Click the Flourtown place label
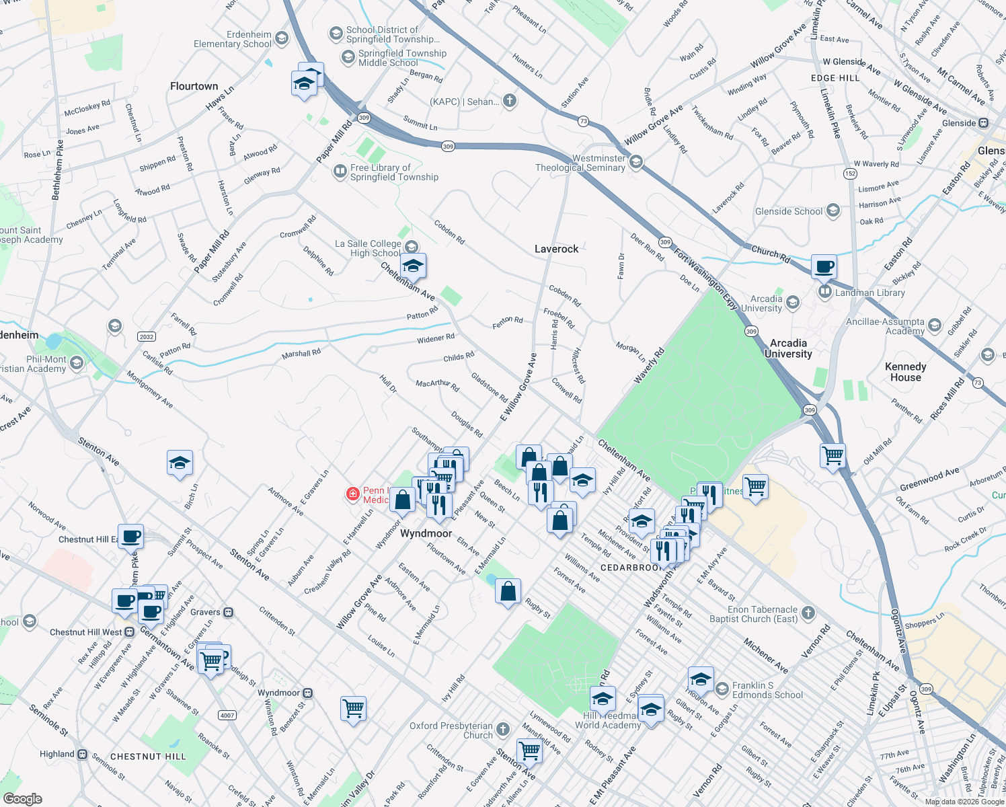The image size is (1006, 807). pyautogui.click(x=194, y=86)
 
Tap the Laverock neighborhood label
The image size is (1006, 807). pyautogui.click(x=556, y=249)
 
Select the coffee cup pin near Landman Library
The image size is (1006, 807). pyautogui.click(x=824, y=267)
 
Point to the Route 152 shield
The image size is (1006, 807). pyautogui.click(x=850, y=174)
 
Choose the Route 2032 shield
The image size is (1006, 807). pyautogui.click(x=146, y=336)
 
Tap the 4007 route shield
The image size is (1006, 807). pyautogui.click(x=227, y=715)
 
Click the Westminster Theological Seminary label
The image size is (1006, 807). pyautogui.click(x=580, y=163)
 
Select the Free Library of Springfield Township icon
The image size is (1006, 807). pyautogui.click(x=340, y=172)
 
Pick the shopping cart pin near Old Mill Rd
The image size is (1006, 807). pyautogui.click(x=833, y=456)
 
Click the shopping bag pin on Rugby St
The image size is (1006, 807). pyautogui.click(x=508, y=592)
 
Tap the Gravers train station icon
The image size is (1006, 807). pyautogui.click(x=228, y=613)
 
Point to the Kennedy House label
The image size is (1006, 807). pyautogui.click(x=905, y=372)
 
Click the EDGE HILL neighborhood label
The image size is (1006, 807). pyautogui.click(x=835, y=78)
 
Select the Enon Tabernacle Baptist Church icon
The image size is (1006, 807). pyautogui.click(x=808, y=613)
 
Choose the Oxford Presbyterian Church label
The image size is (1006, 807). pyautogui.click(x=451, y=730)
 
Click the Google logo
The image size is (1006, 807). pyautogui.click(x=22, y=799)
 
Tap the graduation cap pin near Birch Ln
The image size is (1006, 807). pyautogui.click(x=180, y=463)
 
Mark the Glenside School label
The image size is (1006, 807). pyautogui.click(x=789, y=211)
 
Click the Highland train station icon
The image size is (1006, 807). pyautogui.click(x=82, y=755)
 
